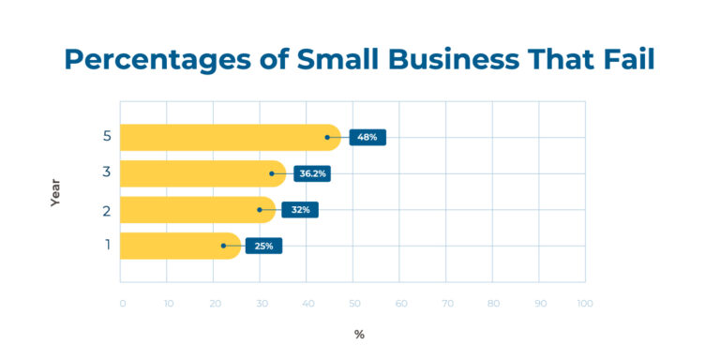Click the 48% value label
(367, 137)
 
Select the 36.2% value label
(312, 173)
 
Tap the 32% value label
(301, 210)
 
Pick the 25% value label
(263, 246)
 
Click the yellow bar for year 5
(229, 137)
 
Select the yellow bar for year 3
(202, 173)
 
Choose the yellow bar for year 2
(197, 210)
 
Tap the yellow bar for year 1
(179, 246)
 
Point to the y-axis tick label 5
(107, 137)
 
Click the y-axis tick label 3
(107, 173)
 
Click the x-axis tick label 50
(354, 304)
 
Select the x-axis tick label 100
(584, 304)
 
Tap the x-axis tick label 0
(123, 304)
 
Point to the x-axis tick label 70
(447, 304)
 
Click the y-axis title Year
(55, 192)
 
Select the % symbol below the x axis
(359, 335)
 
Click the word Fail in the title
(623, 59)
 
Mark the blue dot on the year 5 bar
(327, 137)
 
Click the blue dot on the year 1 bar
(223, 246)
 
